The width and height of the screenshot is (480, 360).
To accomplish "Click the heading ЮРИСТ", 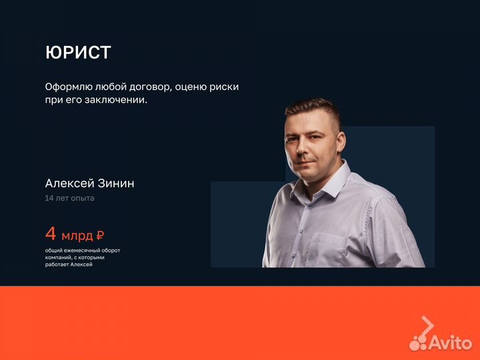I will point(78,53).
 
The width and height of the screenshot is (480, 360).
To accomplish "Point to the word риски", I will point(223,87).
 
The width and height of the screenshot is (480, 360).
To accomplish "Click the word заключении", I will point(117,101).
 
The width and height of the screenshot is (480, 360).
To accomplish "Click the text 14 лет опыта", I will point(69,198).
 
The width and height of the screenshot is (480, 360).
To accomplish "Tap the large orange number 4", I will point(51,234).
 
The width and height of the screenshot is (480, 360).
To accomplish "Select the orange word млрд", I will point(77,235).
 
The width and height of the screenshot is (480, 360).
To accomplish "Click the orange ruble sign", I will point(100,235).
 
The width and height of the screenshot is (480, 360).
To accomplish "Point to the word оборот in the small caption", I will point(109,250).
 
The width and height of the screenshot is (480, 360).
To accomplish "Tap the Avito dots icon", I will point(418,342).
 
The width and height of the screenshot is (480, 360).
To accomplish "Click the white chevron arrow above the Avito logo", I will point(427,325).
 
